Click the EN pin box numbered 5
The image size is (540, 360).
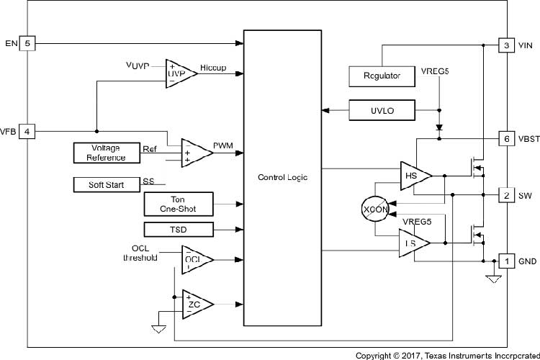pos(27,44)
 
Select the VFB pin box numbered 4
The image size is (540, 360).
pos(27,132)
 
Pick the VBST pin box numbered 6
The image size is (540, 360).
pos(507,138)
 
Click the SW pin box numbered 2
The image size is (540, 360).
pos(507,195)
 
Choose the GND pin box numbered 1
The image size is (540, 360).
pos(507,261)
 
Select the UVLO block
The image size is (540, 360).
pos(382,110)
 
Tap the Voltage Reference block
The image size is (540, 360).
pos(106,153)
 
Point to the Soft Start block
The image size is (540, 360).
pos(106,184)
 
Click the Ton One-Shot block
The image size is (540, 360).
pos(179,203)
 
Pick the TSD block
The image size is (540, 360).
pos(179,230)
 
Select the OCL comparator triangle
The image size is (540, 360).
pos(192,259)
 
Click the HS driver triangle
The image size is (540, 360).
pos(413,175)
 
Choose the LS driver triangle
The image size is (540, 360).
pos(413,243)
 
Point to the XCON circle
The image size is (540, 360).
pos(375,209)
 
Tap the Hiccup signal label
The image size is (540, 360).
pos(213,68)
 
